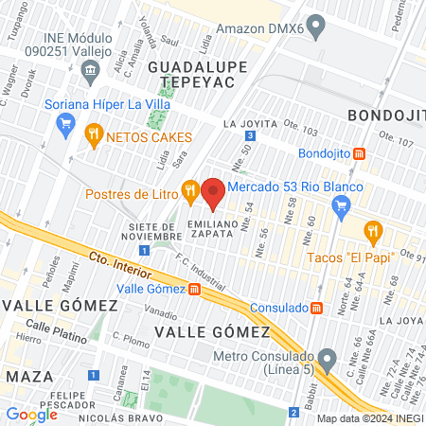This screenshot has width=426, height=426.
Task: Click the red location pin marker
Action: [x=213, y=192]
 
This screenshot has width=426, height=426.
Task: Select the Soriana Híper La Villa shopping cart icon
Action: [x=65, y=123]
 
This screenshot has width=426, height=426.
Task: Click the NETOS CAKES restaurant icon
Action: [x=93, y=134]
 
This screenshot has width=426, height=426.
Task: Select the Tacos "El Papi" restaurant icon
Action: [x=374, y=229]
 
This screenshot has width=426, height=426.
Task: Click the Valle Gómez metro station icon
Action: [x=194, y=289]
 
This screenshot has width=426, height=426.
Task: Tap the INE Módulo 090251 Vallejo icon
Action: [x=90, y=70]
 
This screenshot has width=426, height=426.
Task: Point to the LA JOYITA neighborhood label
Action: [x=250, y=123]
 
